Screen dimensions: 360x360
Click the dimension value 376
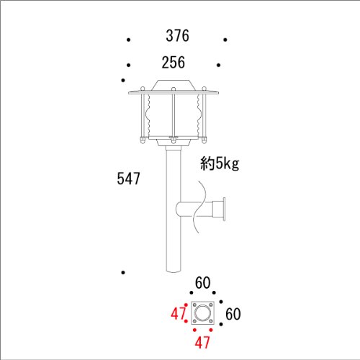[177, 36]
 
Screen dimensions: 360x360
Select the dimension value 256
[174, 63]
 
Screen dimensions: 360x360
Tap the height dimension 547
[128, 179]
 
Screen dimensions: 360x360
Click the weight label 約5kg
[220, 163]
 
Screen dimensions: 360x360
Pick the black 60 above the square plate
[203, 283]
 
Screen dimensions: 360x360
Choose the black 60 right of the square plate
[233, 314]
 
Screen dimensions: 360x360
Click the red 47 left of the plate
[179, 313]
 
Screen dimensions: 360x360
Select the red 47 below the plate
[202, 342]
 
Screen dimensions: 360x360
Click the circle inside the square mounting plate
[203, 313]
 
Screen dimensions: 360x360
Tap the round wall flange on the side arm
[224, 209]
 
